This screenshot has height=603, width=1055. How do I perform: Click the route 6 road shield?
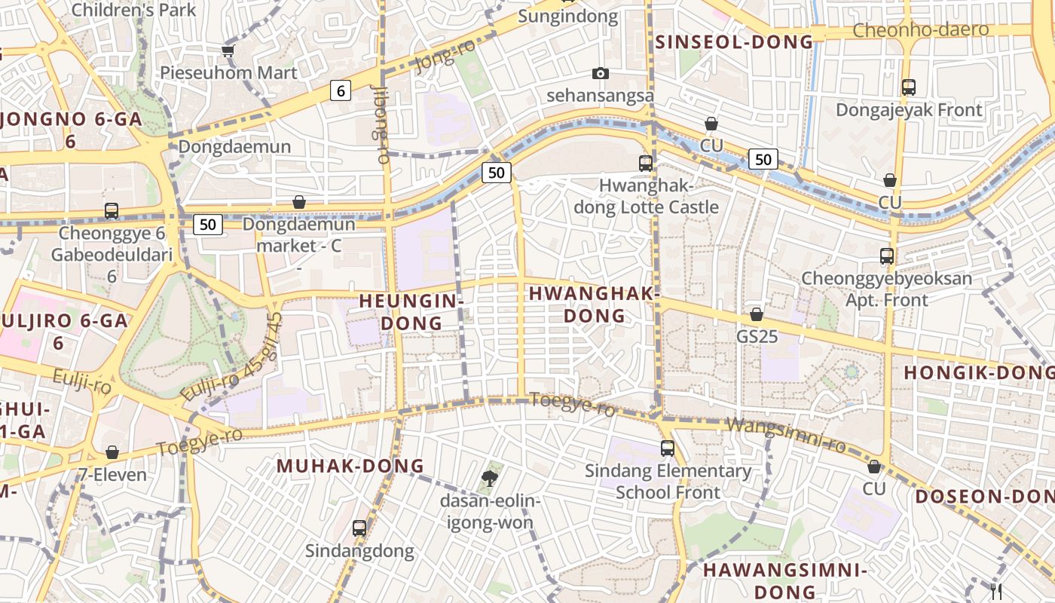[341, 91]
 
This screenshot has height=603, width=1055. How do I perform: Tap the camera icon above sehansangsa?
[600, 73]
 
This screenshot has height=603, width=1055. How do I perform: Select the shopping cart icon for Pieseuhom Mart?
[228, 51]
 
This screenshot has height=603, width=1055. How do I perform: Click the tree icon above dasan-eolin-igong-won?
[489, 477]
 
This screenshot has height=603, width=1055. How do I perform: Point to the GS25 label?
[757, 336]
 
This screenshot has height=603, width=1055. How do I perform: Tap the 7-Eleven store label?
[112, 475]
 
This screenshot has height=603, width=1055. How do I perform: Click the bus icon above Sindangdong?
[359, 528]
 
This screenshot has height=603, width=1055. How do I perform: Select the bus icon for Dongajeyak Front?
[909, 87]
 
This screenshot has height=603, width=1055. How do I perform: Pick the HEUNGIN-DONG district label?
[411, 311]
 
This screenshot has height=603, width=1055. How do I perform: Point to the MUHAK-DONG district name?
[350, 466]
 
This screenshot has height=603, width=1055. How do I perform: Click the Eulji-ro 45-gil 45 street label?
[232, 357]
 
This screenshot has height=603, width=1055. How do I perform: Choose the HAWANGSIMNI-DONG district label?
[785, 580]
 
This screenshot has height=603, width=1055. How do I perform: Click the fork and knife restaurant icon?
[996, 592]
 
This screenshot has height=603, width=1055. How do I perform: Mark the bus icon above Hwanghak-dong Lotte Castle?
[645, 163]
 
